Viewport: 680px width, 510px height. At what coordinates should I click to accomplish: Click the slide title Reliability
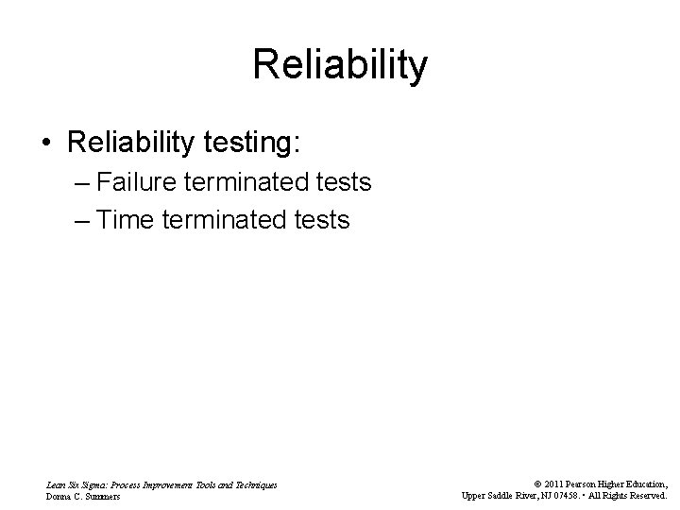(340, 66)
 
